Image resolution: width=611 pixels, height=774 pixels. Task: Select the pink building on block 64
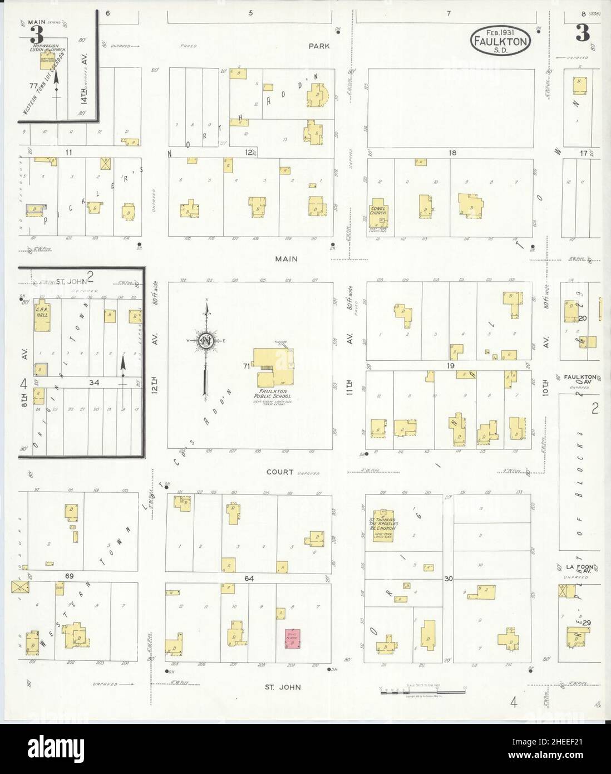[292, 639]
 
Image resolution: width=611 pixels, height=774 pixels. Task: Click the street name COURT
[280, 472]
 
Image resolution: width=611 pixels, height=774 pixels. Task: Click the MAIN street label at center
[285, 258]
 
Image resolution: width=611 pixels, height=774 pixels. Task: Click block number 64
[248, 579]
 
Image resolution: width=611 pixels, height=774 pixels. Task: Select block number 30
[449, 579]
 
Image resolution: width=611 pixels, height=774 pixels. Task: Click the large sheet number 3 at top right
[582, 35]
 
